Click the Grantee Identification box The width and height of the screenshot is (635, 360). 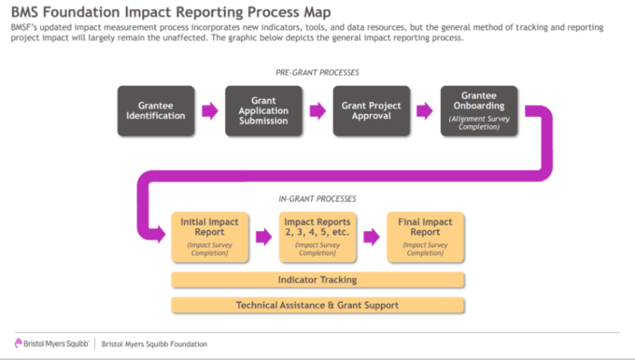(156, 111)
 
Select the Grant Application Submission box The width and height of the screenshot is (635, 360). (264, 111)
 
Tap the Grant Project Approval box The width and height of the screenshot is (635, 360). (371, 111)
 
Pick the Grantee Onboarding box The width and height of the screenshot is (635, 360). (479, 111)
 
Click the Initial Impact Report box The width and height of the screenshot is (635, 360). (210, 237)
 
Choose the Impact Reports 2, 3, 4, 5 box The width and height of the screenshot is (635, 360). (317, 237)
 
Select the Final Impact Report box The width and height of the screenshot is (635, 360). (425, 237)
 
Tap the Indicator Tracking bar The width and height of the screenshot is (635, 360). (317, 280)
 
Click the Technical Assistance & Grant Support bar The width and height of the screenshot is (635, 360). (317, 306)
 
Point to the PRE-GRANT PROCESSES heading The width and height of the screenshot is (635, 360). (317, 73)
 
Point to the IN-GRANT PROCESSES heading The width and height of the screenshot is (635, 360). (317, 199)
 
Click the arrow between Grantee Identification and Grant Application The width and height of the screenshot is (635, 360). (210, 111)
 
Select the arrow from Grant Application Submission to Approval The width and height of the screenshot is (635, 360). (317, 111)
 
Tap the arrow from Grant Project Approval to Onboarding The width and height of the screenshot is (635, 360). (425, 111)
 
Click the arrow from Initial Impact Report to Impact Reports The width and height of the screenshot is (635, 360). (264, 237)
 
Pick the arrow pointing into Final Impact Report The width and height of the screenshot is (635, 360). (372, 237)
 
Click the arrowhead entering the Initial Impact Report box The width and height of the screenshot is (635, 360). (161, 235)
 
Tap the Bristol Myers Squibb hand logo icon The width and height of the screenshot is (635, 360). (18, 344)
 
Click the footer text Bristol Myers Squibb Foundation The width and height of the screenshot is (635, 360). (154, 345)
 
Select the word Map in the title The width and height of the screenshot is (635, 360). (317, 12)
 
